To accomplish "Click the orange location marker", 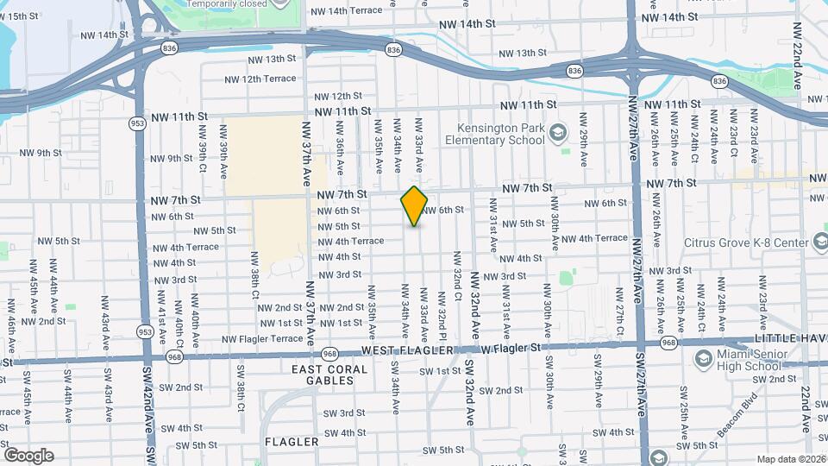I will tap(414, 206).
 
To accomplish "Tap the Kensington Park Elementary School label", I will tap(495, 133).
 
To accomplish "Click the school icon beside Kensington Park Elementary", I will tap(558, 132).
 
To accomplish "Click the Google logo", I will tap(28, 455).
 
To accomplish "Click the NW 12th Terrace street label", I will tap(260, 79).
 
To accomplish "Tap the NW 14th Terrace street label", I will tap(345, 10).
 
